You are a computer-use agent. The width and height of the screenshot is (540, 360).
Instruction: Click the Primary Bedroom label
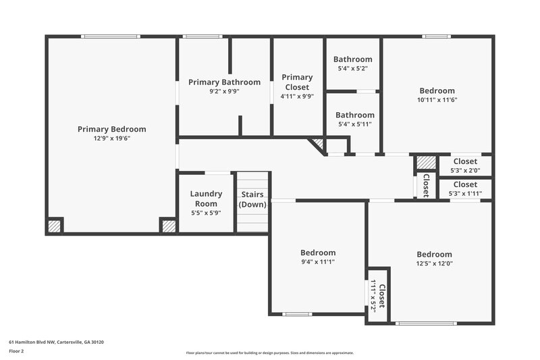pyautogui.click(x=111, y=129)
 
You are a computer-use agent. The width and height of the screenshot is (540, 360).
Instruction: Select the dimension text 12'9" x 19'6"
pyautogui.click(x=111, y=138)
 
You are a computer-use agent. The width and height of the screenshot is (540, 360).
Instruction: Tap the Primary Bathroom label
pyautogui.click(x=224, y=82)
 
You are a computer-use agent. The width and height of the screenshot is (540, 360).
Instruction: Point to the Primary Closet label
pyautogui.click(x=297, y=82)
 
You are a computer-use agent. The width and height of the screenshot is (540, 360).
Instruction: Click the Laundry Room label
pyautogui.click(x=206, y=199)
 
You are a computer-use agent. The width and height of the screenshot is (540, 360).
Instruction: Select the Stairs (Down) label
pyautogui.click(x=252, y=199)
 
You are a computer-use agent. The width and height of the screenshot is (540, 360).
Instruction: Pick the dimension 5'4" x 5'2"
pyautogui.click(x=353, y=68)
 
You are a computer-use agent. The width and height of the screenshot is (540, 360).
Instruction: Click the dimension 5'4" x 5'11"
pyautogui.click(x=354, y=124)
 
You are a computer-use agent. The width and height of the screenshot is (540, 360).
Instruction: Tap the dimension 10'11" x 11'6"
pyautogui.click(x=437, y=100)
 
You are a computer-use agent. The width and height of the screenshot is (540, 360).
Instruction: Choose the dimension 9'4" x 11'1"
pyautogui.click(x=318, y=262)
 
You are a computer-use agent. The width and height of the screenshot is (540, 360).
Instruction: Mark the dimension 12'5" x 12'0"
pyautogui.click(x=434, y=263)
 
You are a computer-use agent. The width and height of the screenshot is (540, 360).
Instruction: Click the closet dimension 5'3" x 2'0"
pyautogui.click(x=464, y=170)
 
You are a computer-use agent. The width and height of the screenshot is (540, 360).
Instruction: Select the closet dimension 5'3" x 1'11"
pyautogui.click(x=464, y=194)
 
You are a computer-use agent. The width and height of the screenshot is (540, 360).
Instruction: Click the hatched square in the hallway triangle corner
pyautogui.click(x=317, y=144)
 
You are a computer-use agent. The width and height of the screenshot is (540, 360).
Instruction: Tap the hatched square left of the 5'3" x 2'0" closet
pyautogui.click(x=425, y=163)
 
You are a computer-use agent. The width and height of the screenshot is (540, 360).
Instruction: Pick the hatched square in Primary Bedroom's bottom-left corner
pyautogui.click(x=55, y=225)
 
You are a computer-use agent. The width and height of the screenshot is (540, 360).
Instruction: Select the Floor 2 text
pyautogui.click(x=17, y=351)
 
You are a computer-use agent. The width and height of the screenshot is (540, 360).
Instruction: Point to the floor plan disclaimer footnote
pyautogui.click(x=269, y=353)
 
